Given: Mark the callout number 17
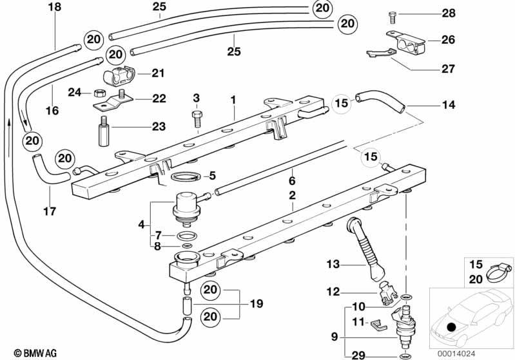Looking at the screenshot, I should click(50, 211).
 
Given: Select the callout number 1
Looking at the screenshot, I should click(233, 100).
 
